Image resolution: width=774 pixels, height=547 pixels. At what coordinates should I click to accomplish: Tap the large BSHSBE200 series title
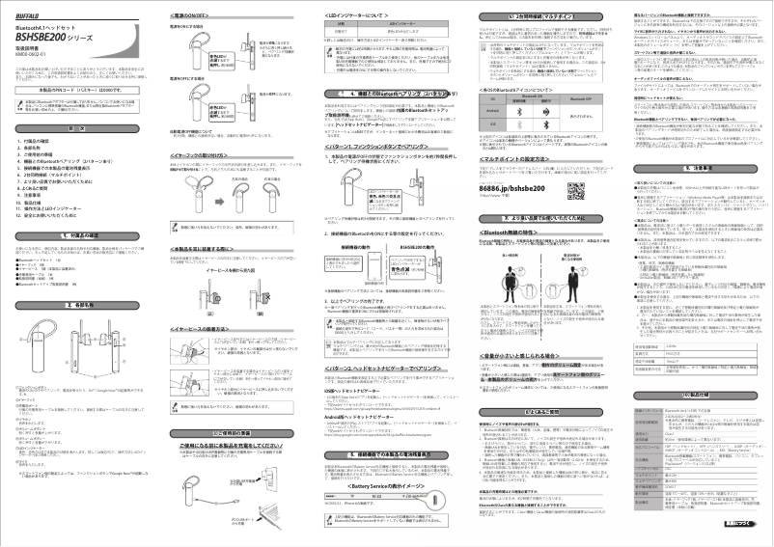pyautogui.click(x=59, y=30)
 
